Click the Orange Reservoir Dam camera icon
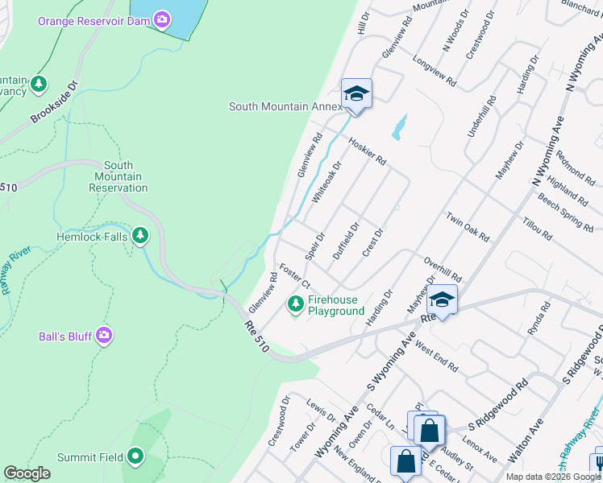tap(162, 19)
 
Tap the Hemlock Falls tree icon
tap(141, 235)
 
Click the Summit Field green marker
tap(135, 456)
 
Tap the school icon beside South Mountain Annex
tap(356, 95)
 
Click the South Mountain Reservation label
tap(119, 176)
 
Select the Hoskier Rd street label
tap(368, 151)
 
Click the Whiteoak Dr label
tap(327, 181)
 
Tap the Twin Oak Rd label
tap(468, 227)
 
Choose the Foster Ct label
tap(295, 275)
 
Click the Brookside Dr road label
tap(54, 102)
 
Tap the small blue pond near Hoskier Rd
tap(398, 126)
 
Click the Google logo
tap(27, 473)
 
